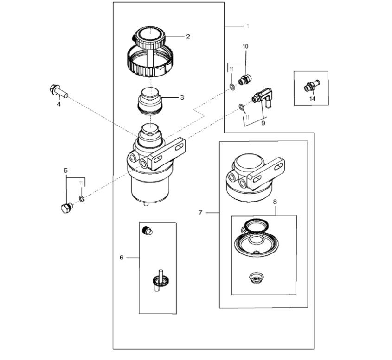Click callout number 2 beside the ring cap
pyautogui.click(x=188, y=37)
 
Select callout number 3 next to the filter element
pyautogui.click(x=182, y=97)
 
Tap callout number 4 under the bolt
pyautogui.click(x=59, y=105)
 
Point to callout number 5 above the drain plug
pyautogui.click(x=66, y=170)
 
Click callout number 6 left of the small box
pyautogui.click(x=122, y=257)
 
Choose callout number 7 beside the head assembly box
pyautogui.click(x=200, y=213)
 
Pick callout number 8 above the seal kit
pyautogui.click(x=275, y=202)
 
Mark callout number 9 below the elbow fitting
pyautogui.click(x=263, y=123)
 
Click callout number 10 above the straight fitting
pyautogui.click(x=245, y=46)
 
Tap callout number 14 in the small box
pyautogui.click(x=312, y=99)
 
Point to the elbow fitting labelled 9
pyautogui.click(x=263, y=97)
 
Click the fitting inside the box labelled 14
pyautogui.click(x=310, y=86)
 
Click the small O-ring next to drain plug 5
pyautogui.click(x=82, y=199)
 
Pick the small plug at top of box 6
pyautogui.click(x=148, y=229)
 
